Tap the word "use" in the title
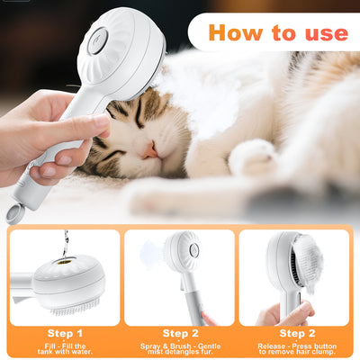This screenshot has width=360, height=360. (x=323, y=33)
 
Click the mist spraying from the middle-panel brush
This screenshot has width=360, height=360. (x=148, y=256)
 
